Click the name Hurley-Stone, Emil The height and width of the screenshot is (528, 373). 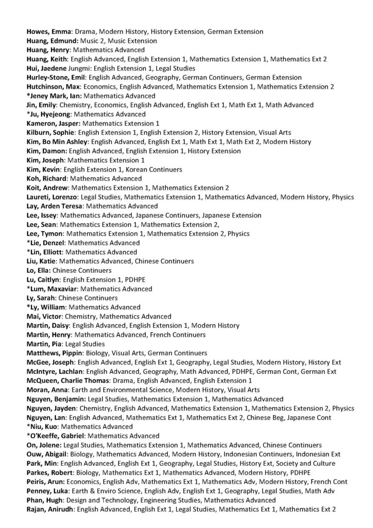56,77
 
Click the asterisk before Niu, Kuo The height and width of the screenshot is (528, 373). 28,426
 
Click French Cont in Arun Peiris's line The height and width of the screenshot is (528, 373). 328,482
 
